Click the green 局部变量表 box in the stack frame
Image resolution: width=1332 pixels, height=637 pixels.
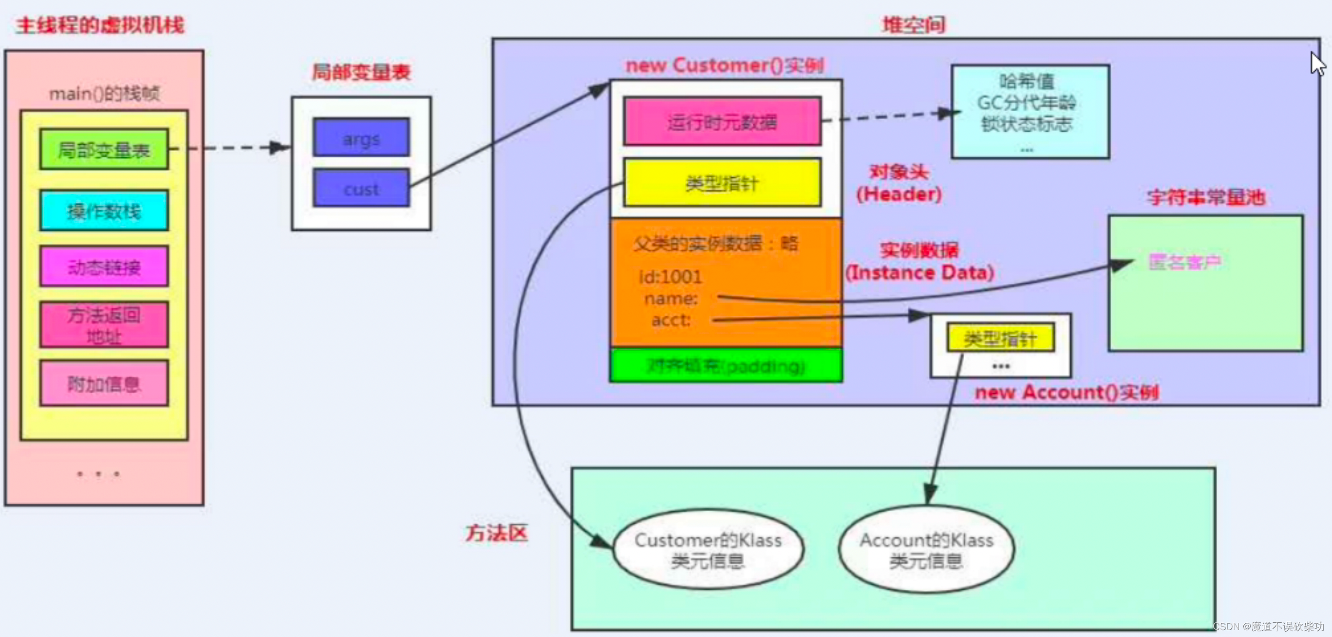point(104,150)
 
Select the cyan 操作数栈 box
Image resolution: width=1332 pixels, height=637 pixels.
point(104,210)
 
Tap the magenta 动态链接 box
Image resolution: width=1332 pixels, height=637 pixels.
point(104,267)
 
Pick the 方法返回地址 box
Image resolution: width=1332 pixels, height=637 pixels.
point(104,325)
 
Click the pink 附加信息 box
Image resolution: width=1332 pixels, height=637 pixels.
point(104,384)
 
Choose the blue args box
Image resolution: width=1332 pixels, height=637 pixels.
point(361,138)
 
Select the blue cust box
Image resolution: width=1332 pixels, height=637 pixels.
point(361,188)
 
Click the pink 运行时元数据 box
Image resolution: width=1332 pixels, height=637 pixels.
point(722,122)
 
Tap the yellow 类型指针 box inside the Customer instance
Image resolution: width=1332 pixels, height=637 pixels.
point(722,183)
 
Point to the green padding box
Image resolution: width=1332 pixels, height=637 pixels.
point(726,365)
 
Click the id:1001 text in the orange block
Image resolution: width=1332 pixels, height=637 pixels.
point(670,277)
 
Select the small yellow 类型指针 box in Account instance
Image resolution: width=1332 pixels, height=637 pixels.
point(1000,338)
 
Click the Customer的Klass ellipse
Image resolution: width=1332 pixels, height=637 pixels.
point(708,549)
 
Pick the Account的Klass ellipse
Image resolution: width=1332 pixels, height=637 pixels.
point(926,549)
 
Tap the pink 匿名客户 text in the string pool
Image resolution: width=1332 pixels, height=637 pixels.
point(1185,262)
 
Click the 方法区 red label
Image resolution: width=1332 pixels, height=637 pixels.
point(496,533)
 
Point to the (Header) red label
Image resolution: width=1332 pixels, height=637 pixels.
point(899,194)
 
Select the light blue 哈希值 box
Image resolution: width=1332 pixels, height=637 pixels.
point(1030,111)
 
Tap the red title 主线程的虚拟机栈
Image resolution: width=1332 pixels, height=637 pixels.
point(100,25)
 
